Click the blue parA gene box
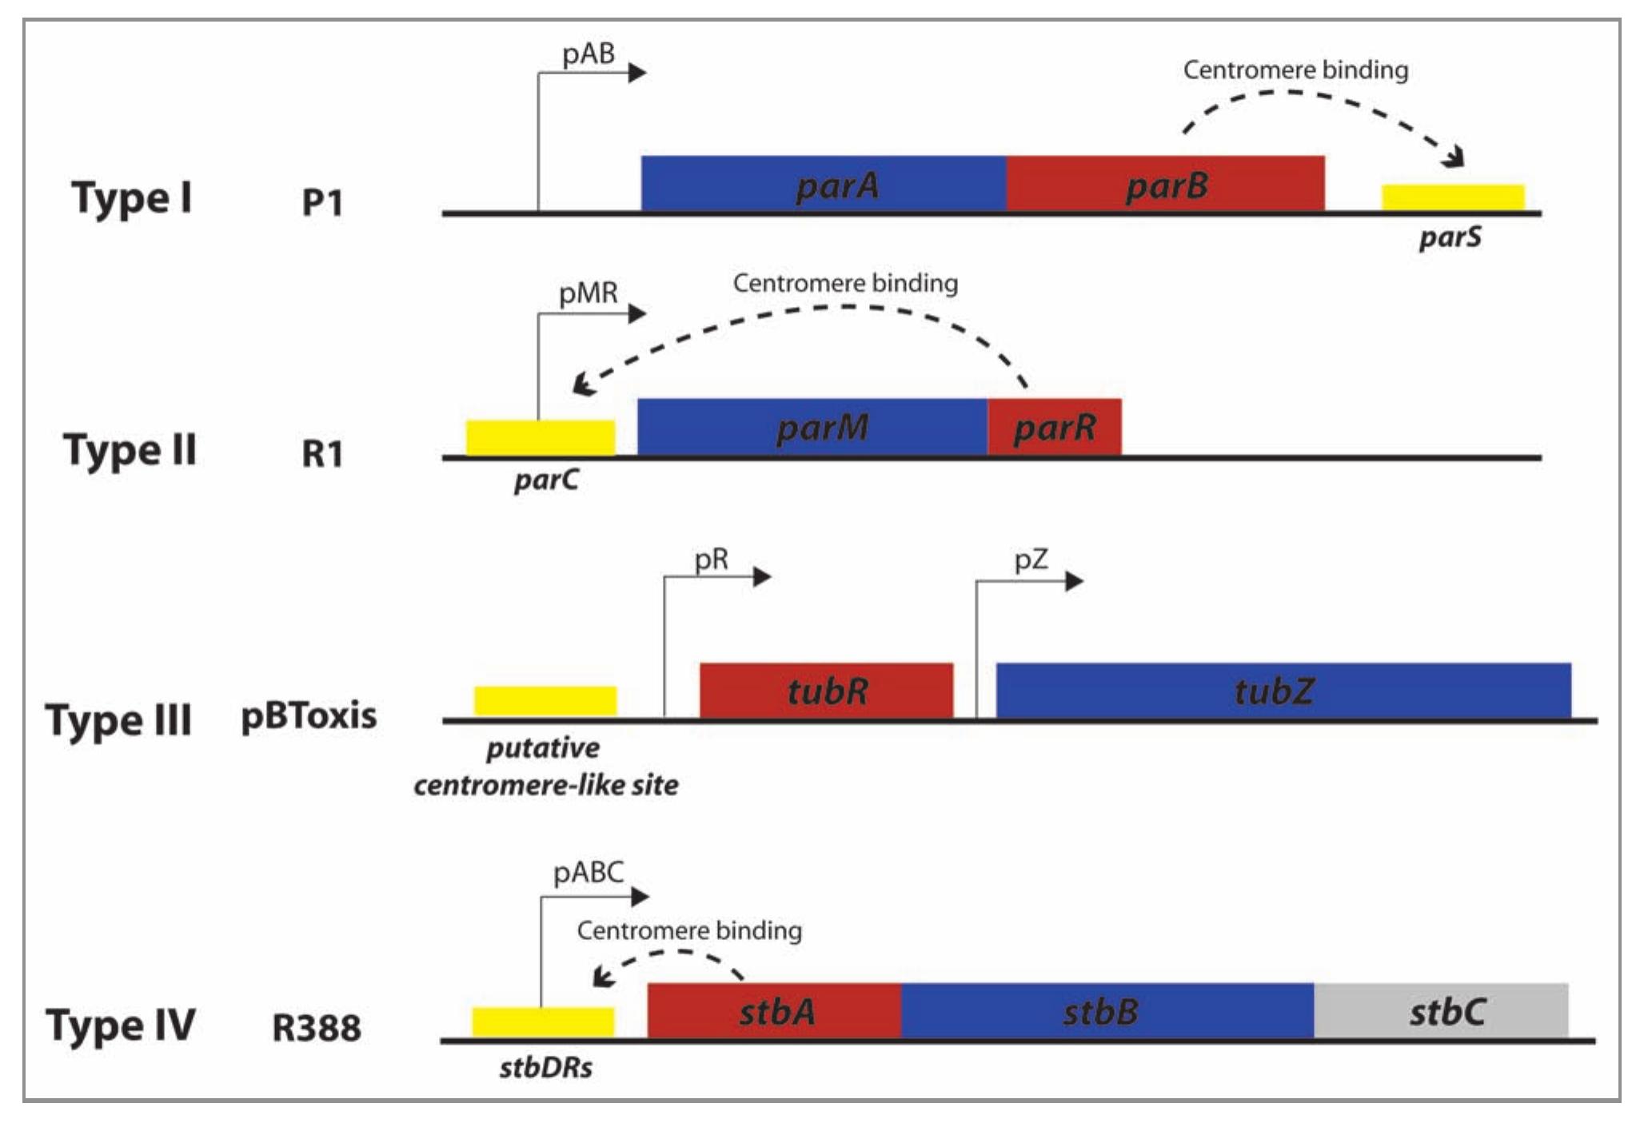coord(824,184)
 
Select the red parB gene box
coord(1165,184)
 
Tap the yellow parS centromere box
coord(1453,197)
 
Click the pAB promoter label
coord(589,54)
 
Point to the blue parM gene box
coord(812,427)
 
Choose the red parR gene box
coord(1054,427)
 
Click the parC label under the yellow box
coord(546,480)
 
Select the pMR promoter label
coord(589,293)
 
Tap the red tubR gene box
coord(826,690)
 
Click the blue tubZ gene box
coord(1283,690)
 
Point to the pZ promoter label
coord(1031,560)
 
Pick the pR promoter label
coord(711,560)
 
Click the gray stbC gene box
coord(1441,1011)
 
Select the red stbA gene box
coord(774,1011)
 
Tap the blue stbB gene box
coord(1107,1011)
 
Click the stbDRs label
coord(546,1068)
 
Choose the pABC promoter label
coord(589,872)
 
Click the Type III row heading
coord(118,720)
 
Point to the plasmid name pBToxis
coord(309,715)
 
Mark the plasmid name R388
coord(317,1028)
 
